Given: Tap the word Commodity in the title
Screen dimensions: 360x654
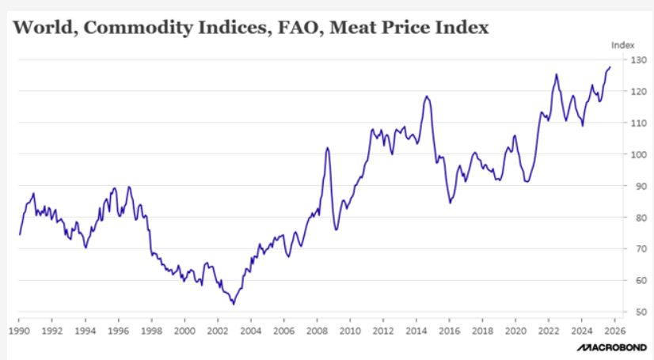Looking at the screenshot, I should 125,29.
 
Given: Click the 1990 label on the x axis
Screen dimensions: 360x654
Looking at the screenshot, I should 19,330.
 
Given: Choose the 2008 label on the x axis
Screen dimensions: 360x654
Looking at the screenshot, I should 317,330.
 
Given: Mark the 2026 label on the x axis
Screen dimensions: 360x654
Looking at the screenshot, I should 614,330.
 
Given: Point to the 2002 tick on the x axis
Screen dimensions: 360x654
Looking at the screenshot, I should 217,330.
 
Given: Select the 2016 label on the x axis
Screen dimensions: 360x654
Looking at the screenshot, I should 449,330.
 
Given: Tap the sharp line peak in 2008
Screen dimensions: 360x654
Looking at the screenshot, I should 328,148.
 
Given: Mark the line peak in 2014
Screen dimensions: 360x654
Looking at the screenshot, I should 427,97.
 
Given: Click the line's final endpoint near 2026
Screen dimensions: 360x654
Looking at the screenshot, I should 610,67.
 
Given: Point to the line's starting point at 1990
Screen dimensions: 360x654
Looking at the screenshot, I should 20,234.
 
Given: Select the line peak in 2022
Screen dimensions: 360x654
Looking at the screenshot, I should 557,74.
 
